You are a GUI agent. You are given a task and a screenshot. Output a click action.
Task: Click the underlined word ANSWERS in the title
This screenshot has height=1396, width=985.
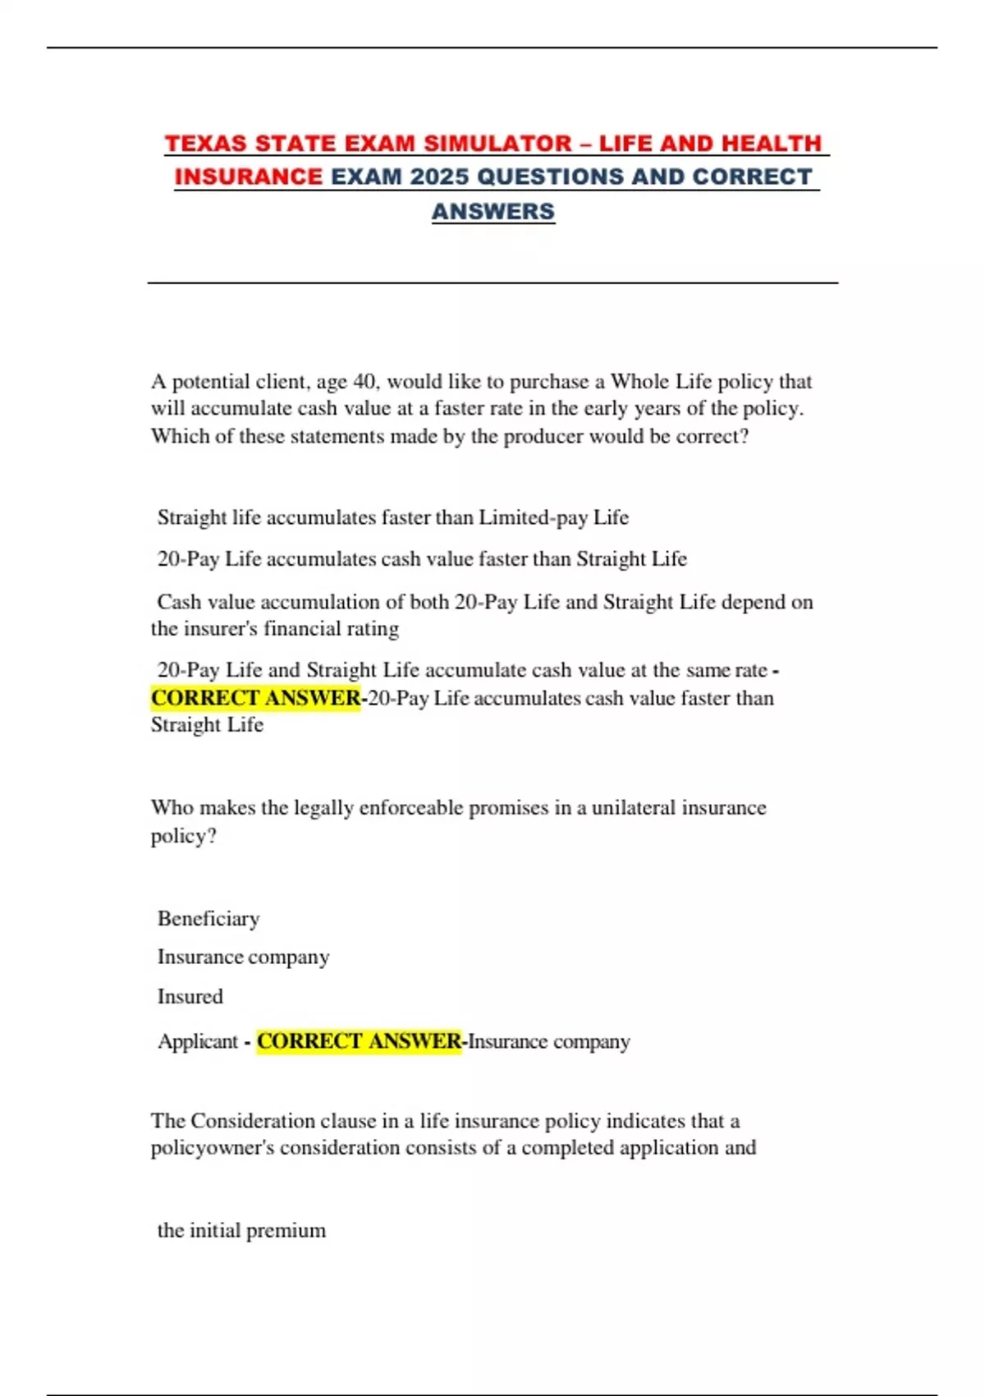pyautogui.click(x=493, y=212)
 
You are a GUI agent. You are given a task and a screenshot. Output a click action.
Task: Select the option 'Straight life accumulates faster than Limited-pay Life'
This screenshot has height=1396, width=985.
pyautogui.click(x=393, y=517)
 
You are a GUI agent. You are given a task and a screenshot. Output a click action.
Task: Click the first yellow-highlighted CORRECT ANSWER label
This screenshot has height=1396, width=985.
pyautogui.click(x=255, y=698)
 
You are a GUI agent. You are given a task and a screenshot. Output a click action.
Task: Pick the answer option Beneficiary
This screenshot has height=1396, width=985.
pyautogui.click(x=208, y=919)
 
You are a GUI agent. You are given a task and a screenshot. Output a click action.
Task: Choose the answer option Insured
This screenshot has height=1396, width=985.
pyautogui.click(x=190, y=997)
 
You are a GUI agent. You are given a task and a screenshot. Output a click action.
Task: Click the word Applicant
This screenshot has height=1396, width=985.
pyautogui.click(x=198, y=1041)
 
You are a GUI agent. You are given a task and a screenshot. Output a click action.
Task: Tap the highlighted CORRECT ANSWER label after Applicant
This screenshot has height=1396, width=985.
pyautogui.click(x=360, y=1041)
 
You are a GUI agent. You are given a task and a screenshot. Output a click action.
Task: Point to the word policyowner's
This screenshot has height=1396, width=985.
pyautogui.click(x=213, y=1148)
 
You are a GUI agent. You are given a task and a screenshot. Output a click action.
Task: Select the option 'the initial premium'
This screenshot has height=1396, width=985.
pyautogui.click(x=241, y=1230)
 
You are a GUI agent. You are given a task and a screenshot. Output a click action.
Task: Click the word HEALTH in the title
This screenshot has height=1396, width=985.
pyautogui.click(x=774, y=144)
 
